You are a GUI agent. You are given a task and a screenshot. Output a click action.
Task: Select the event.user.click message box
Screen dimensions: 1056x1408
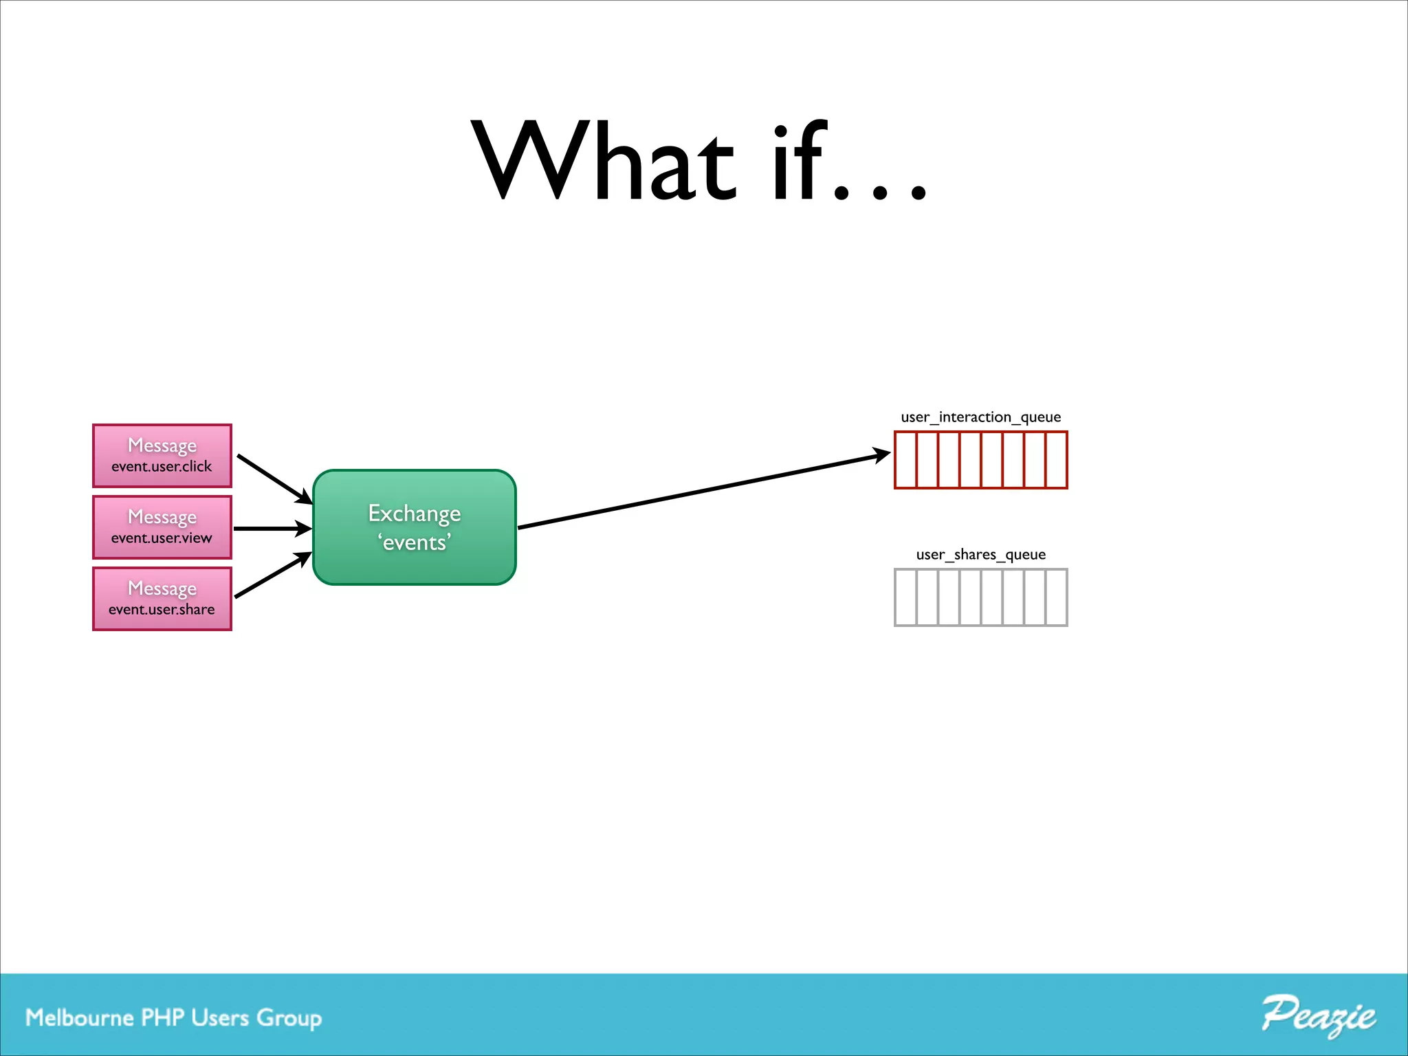tap(162, 456)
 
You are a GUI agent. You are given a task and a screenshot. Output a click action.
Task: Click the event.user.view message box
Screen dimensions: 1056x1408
tap(162, 527)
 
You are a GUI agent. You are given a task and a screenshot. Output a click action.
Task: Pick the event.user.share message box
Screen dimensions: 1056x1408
tap(162, 599)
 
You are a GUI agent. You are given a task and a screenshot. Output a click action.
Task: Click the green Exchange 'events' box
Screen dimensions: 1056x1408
tap(415, 527)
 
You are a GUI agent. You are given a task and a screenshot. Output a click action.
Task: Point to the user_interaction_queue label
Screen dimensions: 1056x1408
tap(980, 417)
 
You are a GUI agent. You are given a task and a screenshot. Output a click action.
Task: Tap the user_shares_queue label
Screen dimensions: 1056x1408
tap(980, 555)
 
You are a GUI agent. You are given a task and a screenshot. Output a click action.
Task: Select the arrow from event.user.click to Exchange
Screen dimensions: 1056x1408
tap(274, 478)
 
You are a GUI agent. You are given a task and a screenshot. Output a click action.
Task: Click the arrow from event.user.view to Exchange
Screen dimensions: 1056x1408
tap(272, 529)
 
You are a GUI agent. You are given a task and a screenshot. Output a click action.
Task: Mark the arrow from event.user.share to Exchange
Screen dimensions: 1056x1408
tap(272, 575)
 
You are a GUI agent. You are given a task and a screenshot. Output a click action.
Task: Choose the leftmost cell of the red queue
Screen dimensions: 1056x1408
tap(906, 460)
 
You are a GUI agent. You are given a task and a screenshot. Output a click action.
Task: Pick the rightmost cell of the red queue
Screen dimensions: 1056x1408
tap(1056, 460)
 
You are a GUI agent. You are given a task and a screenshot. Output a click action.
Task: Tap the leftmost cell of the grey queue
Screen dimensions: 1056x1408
tap(906, 597)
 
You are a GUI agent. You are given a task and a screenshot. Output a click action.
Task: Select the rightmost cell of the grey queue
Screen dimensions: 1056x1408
tap(1056, 597)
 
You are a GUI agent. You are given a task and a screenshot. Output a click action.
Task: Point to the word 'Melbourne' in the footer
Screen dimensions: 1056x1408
tap(80, 1017)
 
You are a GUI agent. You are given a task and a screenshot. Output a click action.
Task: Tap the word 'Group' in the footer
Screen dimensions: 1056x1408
tap(289, 1019)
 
